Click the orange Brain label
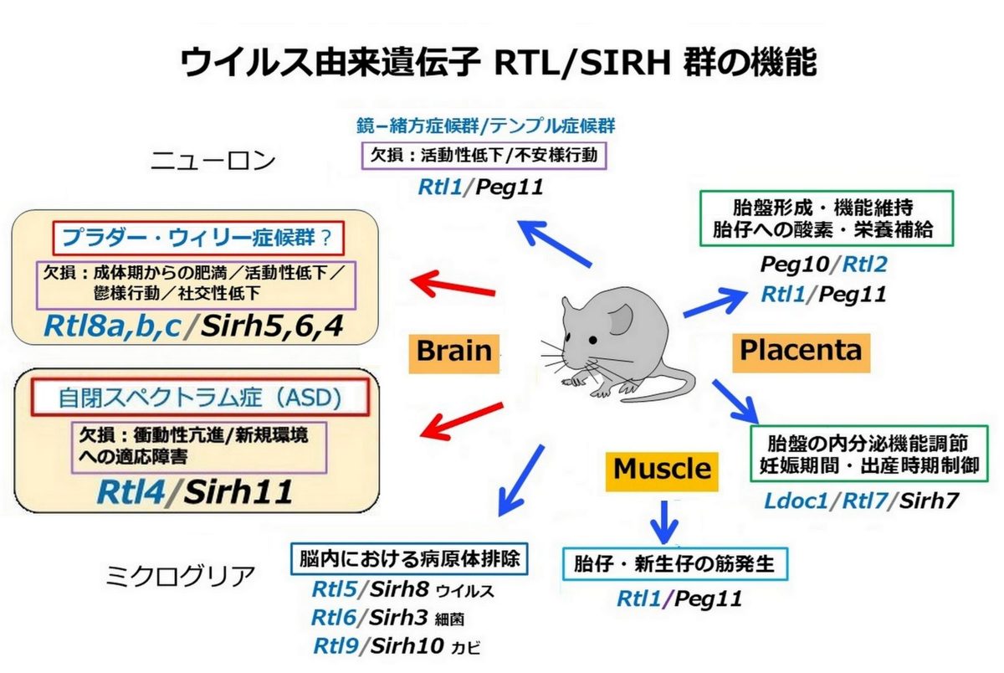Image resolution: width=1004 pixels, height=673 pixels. point(453,354)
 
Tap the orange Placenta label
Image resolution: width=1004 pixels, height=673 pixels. point(801,353)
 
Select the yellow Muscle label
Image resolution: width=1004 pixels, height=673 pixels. point(662,472)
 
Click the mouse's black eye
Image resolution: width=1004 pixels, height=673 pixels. point(592,341)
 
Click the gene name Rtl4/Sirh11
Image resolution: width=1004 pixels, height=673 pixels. point(195,492)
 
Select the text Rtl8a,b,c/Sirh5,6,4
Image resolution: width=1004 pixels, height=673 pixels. point(193,326)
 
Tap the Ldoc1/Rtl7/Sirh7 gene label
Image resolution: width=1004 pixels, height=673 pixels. point(861,501)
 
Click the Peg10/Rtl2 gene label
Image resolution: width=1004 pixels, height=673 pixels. point(824,264)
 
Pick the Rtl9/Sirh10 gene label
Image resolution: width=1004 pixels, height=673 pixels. point(379,646)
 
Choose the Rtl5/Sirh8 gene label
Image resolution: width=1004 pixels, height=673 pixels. point(371,589)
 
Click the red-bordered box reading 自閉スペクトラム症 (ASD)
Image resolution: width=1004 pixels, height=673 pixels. point(200,398)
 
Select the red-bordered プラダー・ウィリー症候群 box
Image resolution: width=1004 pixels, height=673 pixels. point(198,238)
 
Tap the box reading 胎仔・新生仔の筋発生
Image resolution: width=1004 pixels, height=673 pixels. point(675,564)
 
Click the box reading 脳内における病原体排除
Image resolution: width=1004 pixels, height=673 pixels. point(409,559)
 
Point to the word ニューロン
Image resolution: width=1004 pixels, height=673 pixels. point(213,161)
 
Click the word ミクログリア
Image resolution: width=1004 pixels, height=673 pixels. point(180,576)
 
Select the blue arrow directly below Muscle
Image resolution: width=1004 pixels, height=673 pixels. point(663,521)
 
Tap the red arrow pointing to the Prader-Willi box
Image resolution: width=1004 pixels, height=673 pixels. point(453,285)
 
